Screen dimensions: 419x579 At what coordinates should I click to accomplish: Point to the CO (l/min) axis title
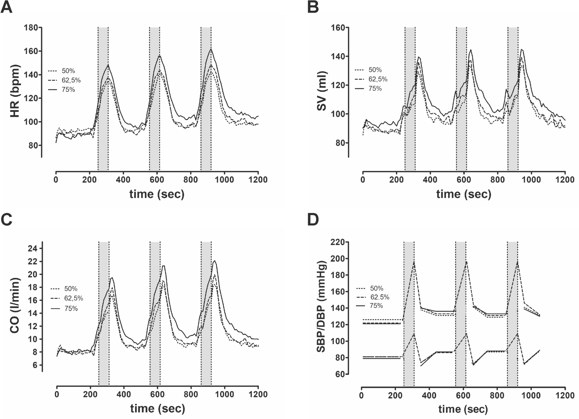point(15,306)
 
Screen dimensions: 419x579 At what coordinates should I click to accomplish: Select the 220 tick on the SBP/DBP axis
point(338,242)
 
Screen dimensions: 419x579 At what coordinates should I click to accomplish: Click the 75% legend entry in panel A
point(68,90)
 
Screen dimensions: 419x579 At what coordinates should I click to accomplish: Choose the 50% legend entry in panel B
point(375,70)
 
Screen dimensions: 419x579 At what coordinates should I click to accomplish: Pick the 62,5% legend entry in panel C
point(73,298)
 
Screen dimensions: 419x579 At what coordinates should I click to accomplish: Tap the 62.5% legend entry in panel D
point(380,297)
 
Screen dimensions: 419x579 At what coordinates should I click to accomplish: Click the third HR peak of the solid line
point(211,50)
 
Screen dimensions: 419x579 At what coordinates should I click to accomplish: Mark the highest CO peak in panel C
point(214,261)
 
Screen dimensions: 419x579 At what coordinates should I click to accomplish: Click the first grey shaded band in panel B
point(410,98)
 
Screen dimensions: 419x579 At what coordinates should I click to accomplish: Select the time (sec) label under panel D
point(463,409)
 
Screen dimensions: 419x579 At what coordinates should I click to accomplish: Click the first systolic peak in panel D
point(414,261)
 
